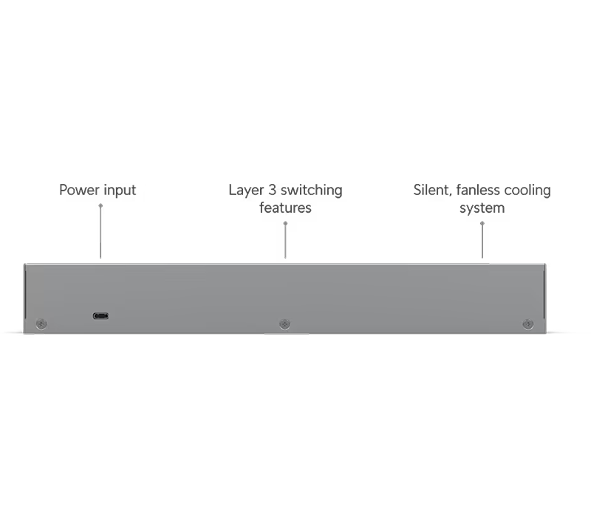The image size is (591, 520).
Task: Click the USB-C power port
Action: pos(100,316)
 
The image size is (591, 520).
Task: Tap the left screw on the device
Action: pos(41,324)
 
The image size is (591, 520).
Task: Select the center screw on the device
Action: pos(284,324)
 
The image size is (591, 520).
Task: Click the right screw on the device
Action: pos(528,324)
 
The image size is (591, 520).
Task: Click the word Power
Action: pos(80,190)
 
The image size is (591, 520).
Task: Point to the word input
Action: pos(120,191)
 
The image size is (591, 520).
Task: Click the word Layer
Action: pos(246,191)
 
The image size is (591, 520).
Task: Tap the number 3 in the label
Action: pos(272,190)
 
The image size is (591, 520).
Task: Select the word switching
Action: pos(311,191)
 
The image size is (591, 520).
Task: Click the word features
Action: pos(285,208)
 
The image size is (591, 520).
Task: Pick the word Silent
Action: pos(432,191)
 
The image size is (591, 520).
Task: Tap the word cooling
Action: pos(527,191)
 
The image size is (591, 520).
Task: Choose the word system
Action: pos(482,208)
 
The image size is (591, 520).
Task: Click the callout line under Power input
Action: pos(100,232)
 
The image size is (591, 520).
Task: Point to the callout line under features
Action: pos(285,241)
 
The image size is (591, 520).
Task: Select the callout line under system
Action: pos(482,241)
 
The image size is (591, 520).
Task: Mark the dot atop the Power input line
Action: pos(100,205)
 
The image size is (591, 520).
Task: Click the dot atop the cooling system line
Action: pos(482,223)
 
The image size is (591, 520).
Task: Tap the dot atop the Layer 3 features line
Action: pos(285,223)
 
